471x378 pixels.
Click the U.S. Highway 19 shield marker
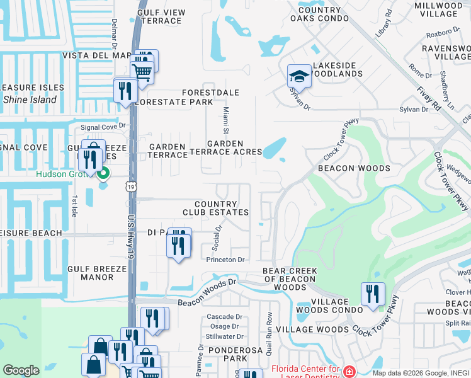tap(130, 186)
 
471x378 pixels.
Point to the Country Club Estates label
tap(216, 209)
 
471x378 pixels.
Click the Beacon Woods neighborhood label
tap(353, 168)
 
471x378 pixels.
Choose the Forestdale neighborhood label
tap(210, 93)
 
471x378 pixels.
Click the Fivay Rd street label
tap(428, 98)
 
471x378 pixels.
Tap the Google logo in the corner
tap(21, 370)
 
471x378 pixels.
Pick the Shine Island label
tap(30, 100)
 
